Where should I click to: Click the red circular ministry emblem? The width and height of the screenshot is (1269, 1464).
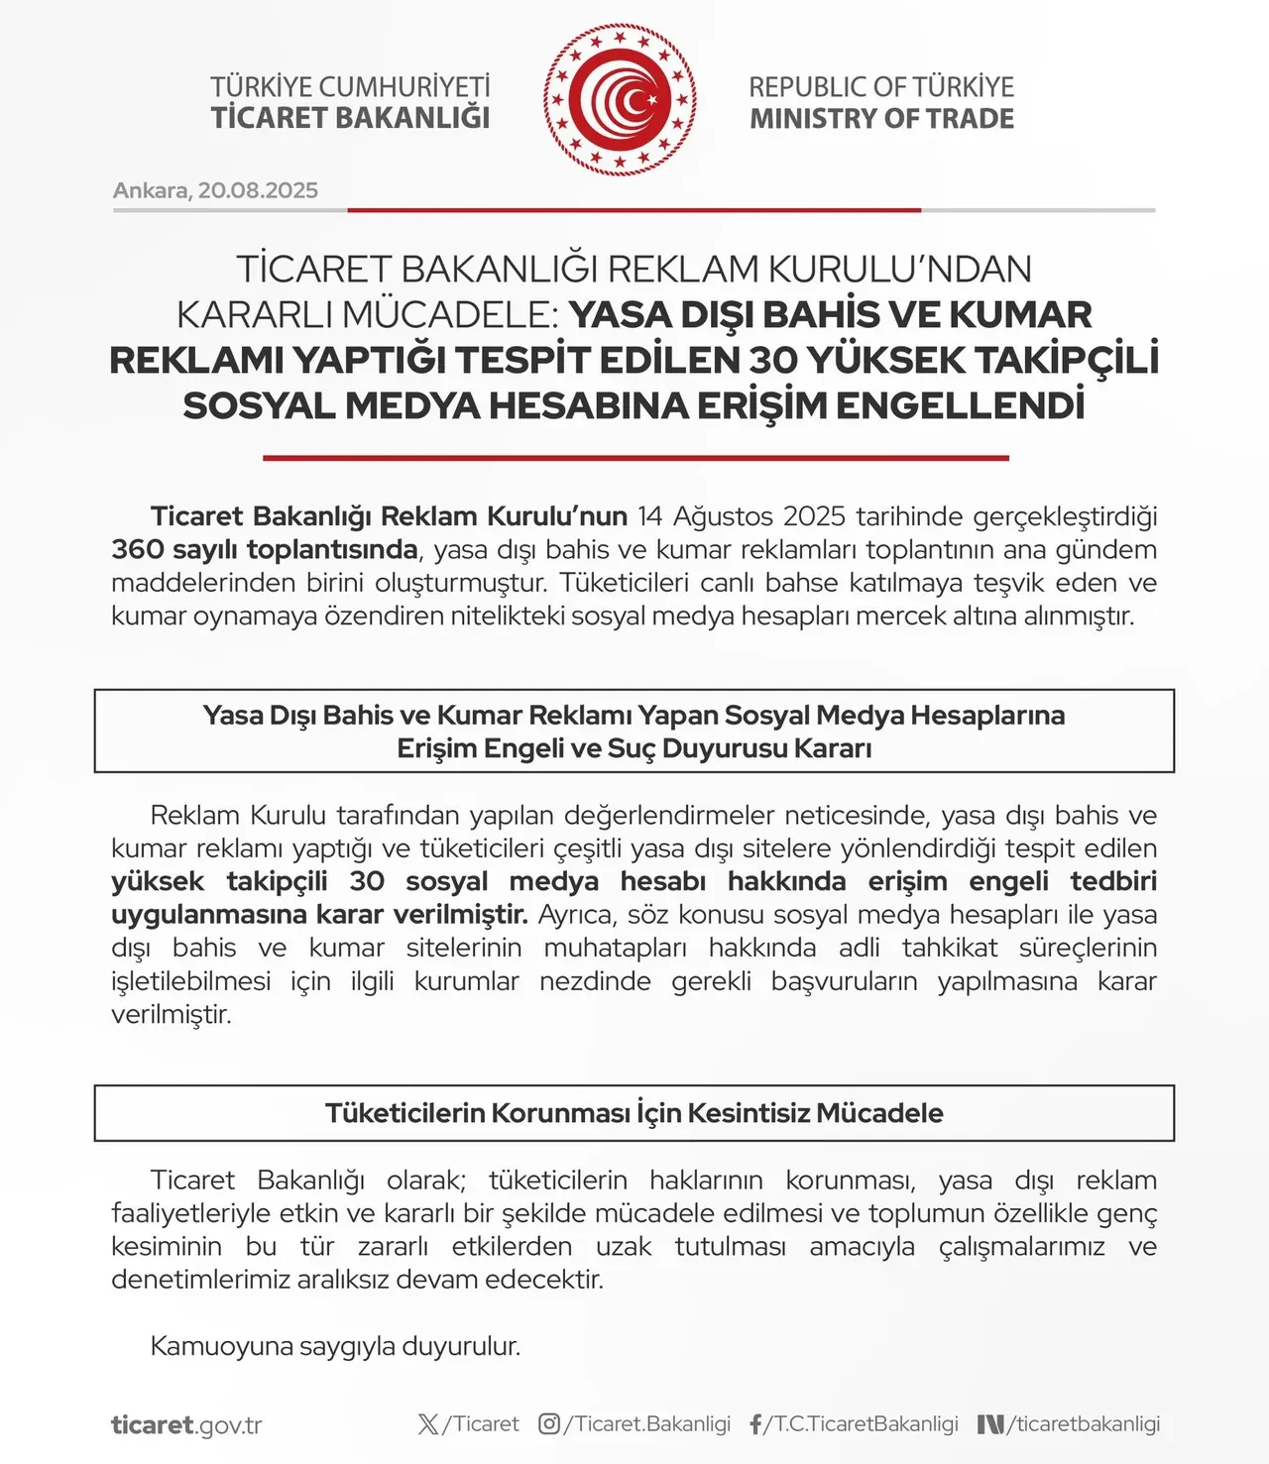620,100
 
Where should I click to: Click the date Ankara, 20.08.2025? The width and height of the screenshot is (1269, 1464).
215,190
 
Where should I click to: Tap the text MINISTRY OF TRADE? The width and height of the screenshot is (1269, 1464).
881,119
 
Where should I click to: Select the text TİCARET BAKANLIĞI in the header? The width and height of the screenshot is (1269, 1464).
350,118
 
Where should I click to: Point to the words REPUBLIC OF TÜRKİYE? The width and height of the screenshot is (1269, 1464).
881,87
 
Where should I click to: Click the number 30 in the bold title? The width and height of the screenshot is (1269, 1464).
773,360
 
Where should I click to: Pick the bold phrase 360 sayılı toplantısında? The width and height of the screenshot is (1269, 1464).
265,549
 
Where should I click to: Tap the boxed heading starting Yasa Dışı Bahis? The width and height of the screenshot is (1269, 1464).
634,731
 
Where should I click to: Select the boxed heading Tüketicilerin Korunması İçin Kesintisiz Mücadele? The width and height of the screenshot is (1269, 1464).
634,1113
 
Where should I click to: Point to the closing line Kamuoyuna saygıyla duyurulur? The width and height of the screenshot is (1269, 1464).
335,1346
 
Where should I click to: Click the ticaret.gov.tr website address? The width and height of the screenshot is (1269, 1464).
186,1425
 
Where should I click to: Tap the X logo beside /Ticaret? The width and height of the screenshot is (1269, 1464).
428,1424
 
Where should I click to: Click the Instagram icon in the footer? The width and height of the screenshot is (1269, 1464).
549,1424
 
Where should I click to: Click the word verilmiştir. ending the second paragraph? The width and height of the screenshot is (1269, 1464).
172,1015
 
